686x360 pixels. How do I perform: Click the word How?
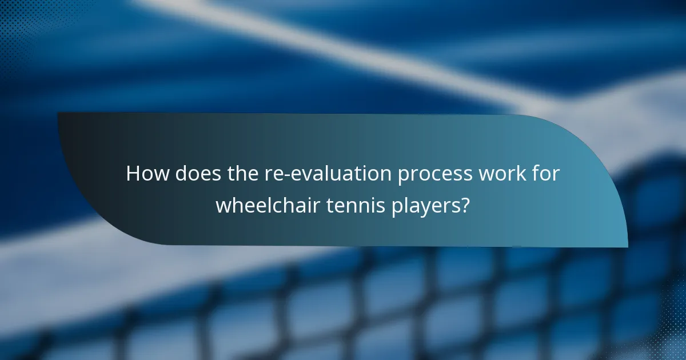pos(147,174)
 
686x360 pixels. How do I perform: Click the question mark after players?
pos(465,205)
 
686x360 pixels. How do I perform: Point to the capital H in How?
pos(133,174)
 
